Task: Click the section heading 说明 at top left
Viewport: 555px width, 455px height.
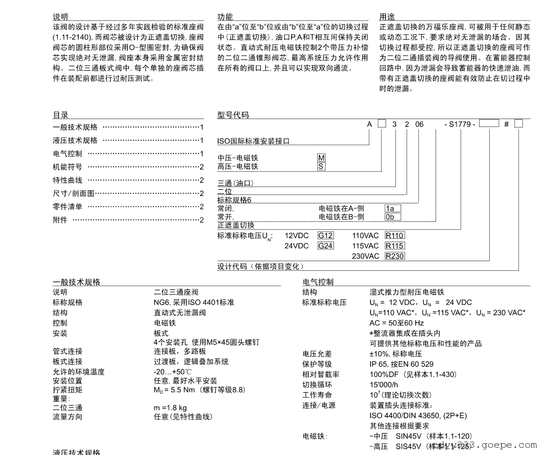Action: [60, 17]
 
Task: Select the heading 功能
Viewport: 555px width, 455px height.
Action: [225, 17]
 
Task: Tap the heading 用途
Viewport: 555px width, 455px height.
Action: [387, 17]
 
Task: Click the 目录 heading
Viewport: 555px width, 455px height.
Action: [60, 115]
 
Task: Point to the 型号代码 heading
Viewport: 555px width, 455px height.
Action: [233, 115]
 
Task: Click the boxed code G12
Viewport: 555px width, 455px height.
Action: [326, 236]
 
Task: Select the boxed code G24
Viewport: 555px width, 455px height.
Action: [326, 246]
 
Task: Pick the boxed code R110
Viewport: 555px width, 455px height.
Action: [395, 236]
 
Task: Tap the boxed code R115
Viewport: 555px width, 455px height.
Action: [395, 246]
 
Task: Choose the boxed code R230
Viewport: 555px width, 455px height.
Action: [395, 256]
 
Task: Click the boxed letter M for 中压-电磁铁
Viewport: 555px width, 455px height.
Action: [321, 158]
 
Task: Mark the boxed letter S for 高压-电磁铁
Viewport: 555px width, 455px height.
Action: [321, 166]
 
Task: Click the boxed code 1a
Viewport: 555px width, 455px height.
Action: [392, 208]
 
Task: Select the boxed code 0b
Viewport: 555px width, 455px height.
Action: [392, 217]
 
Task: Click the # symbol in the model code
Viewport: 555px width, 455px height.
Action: [506, 124]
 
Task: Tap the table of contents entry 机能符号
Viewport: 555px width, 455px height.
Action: [67, 167]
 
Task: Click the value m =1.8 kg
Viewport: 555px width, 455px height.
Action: [170, 407]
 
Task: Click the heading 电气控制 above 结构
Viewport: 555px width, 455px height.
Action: [318, 282]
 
